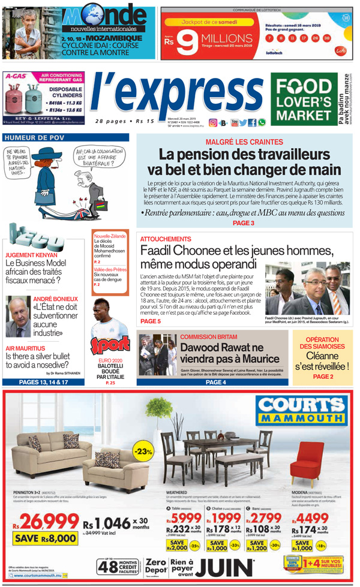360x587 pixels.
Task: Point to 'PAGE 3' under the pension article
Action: point(244,223)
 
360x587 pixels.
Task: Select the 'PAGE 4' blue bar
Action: point(216,382)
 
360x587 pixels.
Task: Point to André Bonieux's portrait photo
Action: point(18,316)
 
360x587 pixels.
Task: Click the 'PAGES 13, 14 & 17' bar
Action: point(44,382)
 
